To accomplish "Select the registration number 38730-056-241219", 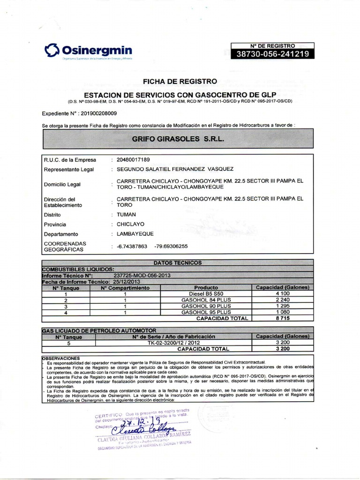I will (x=272, y=54).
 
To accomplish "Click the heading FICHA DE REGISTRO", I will (x=180, y=81).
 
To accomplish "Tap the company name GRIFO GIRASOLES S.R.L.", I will (x=178, y=139).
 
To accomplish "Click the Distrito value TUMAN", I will (x=126, y=214).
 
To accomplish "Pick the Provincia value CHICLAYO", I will (x=130, y=224).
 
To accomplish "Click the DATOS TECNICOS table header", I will (x=178, y=263).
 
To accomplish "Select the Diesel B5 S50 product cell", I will (x=206, y=293).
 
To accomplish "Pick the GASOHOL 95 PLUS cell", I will (x=206, y=312).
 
